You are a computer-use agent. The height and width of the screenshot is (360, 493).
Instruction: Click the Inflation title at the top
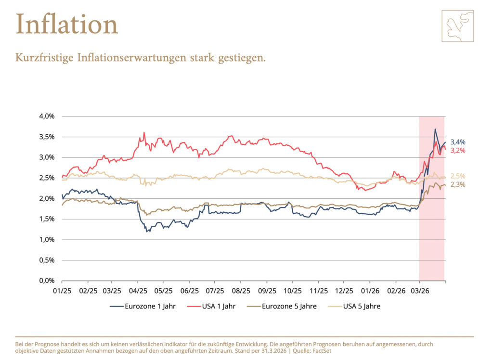[66, 24]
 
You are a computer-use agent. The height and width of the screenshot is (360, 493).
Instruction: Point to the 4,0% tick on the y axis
[47, 116]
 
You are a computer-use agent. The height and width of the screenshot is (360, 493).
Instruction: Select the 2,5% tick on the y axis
[47, 178]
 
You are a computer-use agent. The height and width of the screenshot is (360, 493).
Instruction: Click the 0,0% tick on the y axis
[47, 281]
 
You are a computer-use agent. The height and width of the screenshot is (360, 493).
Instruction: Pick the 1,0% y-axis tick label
[47, 240]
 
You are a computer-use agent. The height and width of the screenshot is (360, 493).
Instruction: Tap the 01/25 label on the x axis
[62, 291]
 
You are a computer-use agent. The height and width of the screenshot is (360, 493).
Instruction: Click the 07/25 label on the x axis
[215, 291]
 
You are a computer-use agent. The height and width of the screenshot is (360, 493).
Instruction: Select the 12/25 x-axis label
[344, 291]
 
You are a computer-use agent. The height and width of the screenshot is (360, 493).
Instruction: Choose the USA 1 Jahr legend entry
[216, 306]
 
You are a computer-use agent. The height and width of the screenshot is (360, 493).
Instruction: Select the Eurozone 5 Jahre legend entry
[288, 306]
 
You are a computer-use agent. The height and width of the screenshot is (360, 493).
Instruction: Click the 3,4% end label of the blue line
[458, 142]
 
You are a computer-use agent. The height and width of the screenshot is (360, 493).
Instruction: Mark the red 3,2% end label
[458, 151]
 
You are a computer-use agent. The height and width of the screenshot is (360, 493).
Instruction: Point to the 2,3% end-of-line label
[458, 184]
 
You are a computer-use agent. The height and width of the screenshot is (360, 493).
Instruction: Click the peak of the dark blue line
[435, 129]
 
